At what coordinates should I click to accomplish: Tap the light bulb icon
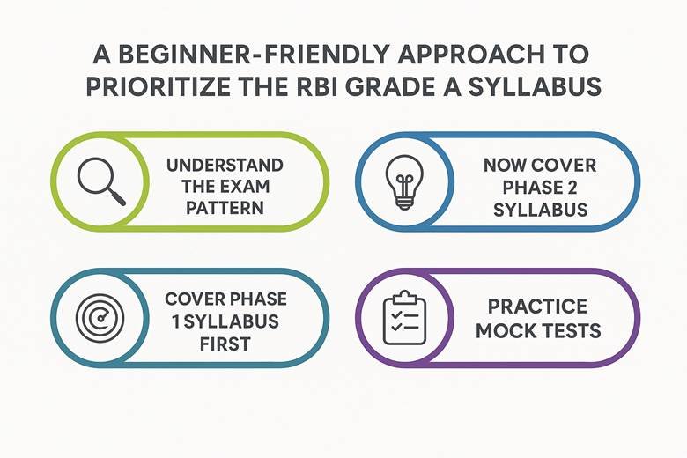coord(404,181)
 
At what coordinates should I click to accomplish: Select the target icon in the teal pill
coord(100,318)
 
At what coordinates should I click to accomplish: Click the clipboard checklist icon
coord(404,317)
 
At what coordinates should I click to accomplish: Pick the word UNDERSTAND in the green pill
coord(225,166)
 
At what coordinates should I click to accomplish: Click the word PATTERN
coord(225,208)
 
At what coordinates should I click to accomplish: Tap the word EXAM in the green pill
coord(245,187)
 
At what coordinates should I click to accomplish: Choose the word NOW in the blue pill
coord(506,166)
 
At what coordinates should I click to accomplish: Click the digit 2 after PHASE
coord(572,188)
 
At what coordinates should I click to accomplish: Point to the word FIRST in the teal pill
coord(225,344)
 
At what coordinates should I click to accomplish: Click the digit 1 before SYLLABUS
coord(176,321)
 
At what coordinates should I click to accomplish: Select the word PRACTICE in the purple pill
coord(537,307)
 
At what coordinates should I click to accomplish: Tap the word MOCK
coord(505,330)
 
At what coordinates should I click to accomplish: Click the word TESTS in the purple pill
coord(570,330)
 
